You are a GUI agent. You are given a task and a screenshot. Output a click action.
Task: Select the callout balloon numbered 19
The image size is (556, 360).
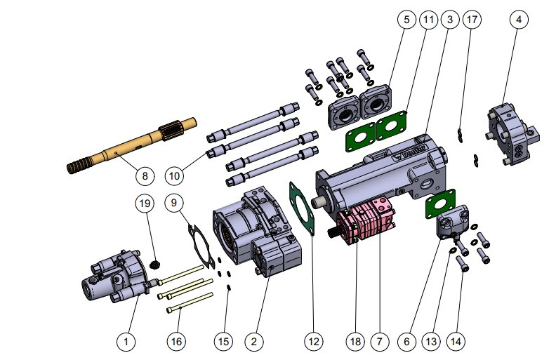click(144, 204)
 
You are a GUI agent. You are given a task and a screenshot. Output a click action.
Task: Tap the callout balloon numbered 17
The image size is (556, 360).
click(472, 20)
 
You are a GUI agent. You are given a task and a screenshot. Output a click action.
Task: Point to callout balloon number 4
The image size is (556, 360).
click(518, 20)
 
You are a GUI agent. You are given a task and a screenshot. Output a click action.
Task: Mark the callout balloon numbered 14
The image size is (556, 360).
click(456, 341)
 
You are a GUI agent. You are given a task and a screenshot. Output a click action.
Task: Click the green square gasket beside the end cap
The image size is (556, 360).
click(439, 208)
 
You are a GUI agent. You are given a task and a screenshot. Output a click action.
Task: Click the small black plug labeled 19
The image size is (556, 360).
click(156, 264)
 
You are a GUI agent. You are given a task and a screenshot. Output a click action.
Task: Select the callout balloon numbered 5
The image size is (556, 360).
click(405, 20)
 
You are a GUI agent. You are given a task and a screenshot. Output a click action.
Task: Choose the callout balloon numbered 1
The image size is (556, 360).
click(126, 341)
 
